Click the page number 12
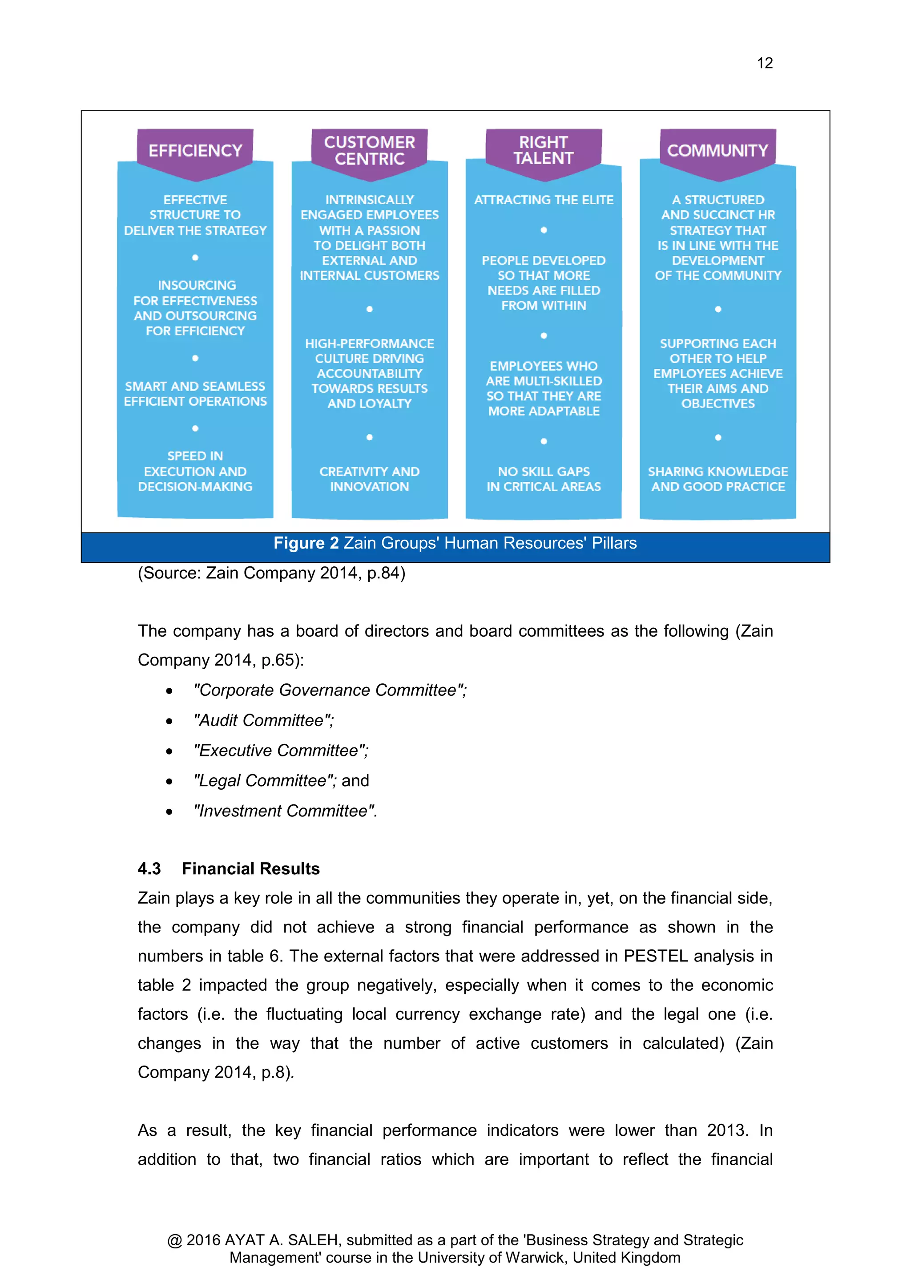tap(764, 63)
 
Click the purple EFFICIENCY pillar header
tap(195, 150)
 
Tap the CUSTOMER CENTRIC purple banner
tap(369, 150)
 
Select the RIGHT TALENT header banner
tap(543, 150)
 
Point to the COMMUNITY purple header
tap(718, 150)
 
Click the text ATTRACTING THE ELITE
tap(544, 200)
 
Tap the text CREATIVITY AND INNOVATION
tap(369, 479)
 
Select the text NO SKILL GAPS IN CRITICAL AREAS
tap(544, 479)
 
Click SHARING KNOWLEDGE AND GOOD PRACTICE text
tap(718, 479)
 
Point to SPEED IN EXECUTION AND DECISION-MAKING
tap(195, 471)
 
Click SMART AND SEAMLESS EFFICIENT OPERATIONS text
tap(195, 394)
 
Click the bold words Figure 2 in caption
tap(306, 543)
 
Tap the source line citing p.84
tap(271, 573)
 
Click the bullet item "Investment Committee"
tap(285, 811)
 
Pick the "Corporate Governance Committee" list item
tap(330, 690)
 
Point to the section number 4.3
tap(149, 868)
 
